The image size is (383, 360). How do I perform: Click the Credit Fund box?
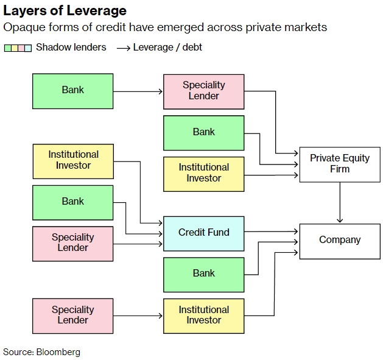click(x=203, y=233)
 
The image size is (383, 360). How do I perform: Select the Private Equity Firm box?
click(x=339, y=163)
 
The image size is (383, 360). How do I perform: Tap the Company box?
click(x=339, y=240)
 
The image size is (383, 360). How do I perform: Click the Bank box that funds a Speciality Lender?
click(x=72, y=91)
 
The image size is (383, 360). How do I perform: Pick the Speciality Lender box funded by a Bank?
click(x=203, y=91)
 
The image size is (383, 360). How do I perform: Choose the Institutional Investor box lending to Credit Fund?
click(x=72, y=161)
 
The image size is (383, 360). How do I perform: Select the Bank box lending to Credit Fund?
click(x=72, y=202)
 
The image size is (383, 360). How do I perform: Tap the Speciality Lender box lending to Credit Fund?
click(x=72, y=243)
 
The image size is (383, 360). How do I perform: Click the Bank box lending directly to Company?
click(x=203, y=274)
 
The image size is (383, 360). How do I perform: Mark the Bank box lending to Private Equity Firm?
click(x=203, y=132)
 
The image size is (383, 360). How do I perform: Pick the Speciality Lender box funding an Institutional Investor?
click(x=72, y=316)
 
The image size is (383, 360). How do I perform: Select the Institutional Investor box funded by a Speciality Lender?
click(x=203, y=316)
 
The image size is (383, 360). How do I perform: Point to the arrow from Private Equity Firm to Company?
click(x=339, y=202)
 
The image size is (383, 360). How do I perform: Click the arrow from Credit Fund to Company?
click(x=272, y=232)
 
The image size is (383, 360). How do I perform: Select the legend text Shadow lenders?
click(x=71, y=47)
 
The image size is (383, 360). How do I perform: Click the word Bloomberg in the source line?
click(x=58, y=352)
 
